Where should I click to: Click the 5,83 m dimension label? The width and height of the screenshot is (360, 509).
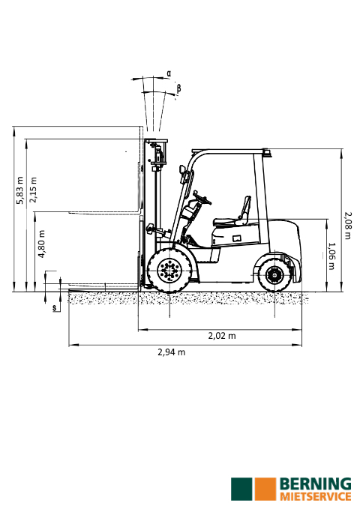coord(20,190)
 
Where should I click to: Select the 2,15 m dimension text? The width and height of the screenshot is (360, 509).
coord(33,190)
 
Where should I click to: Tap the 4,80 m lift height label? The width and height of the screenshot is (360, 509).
coord(41,244)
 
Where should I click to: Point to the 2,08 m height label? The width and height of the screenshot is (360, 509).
coord(348,226)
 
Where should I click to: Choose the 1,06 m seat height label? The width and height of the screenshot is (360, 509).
coord(331,256)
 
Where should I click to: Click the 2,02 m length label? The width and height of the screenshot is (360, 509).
coord(222,336)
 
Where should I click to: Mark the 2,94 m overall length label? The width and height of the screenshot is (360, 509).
coord(172,352)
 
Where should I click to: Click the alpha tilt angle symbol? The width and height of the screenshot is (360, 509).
coord(169,73)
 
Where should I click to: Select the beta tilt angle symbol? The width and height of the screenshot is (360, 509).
coord(178,88)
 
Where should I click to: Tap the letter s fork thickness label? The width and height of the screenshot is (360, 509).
coord(55,307)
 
